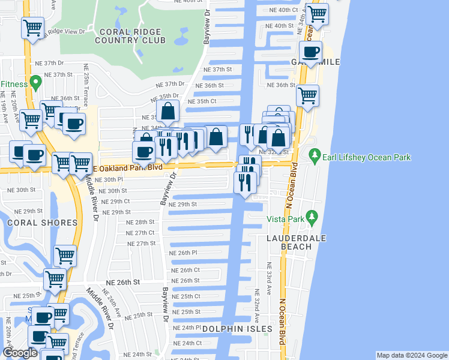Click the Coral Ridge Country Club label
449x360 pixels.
133,35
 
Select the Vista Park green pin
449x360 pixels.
310,217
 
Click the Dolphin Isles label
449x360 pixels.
237,329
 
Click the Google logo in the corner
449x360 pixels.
20,353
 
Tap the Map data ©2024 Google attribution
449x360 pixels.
411,355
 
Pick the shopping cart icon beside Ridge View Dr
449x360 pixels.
33,27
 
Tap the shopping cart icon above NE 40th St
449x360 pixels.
316,13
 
